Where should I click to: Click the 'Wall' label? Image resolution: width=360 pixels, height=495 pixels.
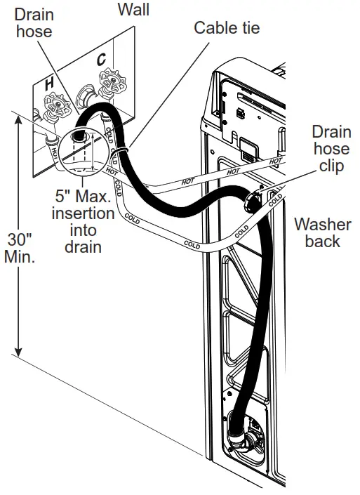pos(133,10)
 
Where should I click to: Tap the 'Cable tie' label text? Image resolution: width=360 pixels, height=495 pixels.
pos(226,28)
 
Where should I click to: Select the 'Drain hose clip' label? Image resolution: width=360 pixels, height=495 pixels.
pos(331,149)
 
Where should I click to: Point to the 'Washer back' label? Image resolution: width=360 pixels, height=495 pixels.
pos(322,233)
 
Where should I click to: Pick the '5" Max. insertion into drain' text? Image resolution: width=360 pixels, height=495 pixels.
pos(83,220)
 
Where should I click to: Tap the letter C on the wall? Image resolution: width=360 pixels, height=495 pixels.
pos(101,60)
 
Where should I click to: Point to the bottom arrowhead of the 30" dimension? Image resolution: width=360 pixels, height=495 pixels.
pos(19,351)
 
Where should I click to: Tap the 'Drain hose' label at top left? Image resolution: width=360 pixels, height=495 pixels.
pos(33,22)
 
